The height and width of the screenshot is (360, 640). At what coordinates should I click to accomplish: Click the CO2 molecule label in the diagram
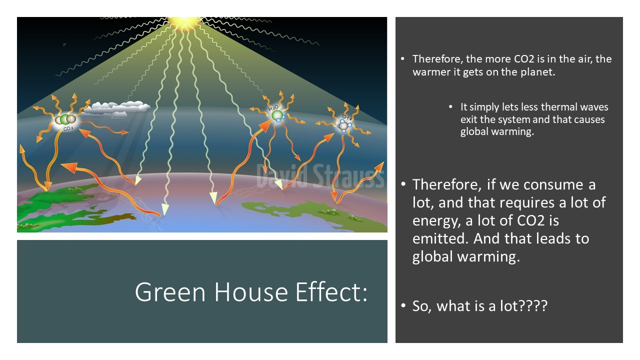68,129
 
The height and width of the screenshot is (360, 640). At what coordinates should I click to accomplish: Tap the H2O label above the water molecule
273,108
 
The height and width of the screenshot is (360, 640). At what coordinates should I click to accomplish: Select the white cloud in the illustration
116,109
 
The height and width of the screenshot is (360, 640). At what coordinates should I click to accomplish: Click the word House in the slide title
251,292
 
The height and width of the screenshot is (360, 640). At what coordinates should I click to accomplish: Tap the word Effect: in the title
331,291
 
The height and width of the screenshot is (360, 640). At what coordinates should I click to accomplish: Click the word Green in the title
170,292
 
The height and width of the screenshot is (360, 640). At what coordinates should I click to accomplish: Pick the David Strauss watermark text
320,176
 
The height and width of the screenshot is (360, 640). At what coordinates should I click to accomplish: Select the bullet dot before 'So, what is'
403,305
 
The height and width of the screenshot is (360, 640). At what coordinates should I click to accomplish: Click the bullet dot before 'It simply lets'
450,107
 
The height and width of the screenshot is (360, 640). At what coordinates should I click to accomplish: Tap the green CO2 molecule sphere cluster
65,119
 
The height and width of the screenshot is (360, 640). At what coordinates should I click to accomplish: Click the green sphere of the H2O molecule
277,116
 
